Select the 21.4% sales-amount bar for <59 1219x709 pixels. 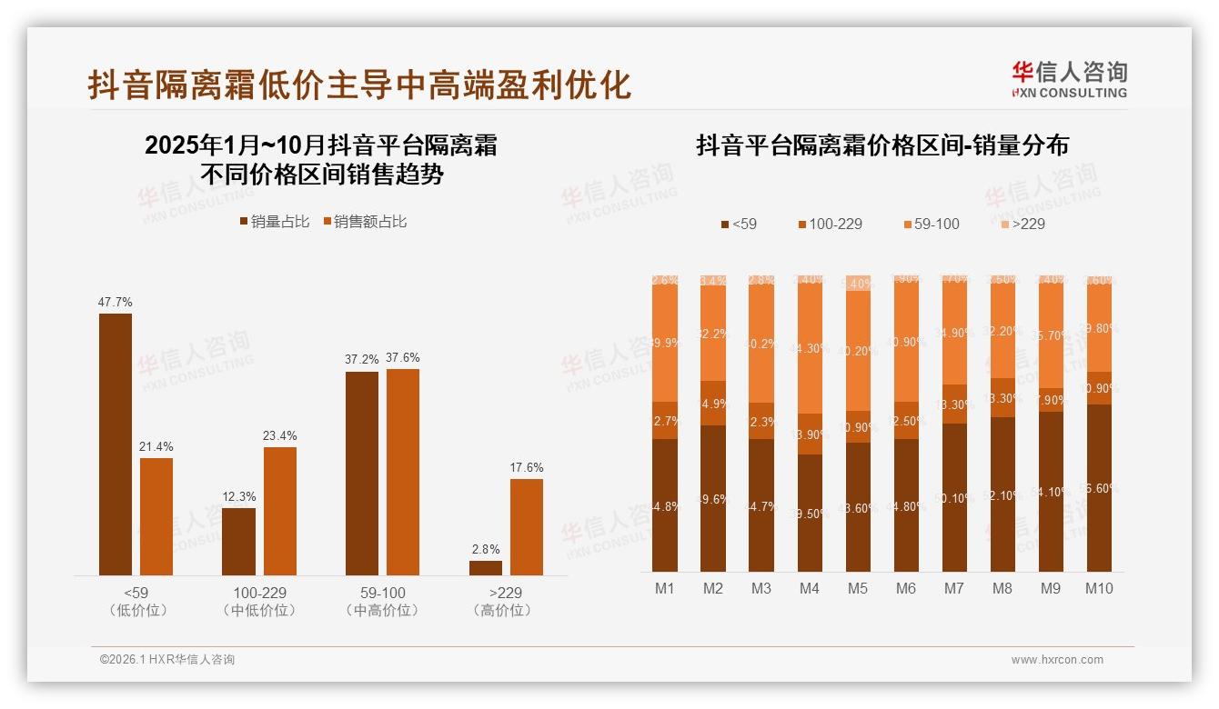tap(156, 516)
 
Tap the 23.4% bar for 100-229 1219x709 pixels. tap(280, 511)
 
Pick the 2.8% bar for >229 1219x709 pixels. tap(486, 567)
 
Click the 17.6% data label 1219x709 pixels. tap(526, 467)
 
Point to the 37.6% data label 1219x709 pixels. tap(403, 357)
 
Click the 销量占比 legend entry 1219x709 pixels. tap(274, 221)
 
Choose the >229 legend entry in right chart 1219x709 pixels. tap(1022, 224)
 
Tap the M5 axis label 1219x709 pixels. tap(858, 588)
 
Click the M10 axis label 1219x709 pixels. tap(1099, 588)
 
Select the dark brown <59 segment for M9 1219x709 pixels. tap(1051, 491)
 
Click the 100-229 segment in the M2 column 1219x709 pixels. tap(713, 403)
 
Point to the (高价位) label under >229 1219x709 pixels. tap(502, 611)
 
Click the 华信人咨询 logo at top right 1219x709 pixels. tap(1069, 78)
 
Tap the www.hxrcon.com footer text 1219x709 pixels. tap(1057, 660)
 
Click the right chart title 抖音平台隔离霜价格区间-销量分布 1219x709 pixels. tap(882, 145)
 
